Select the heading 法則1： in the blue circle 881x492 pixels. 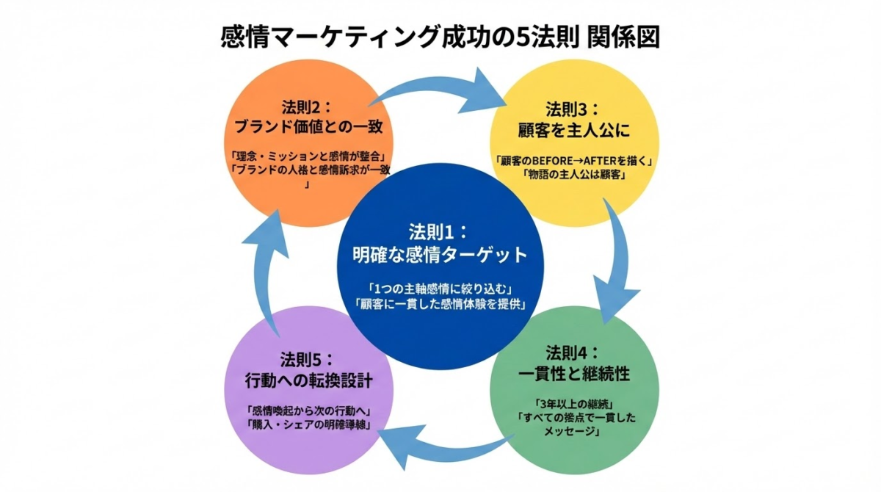[x=440, y=231]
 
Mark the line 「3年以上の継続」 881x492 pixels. [x=573, y=403]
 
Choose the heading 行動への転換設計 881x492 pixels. [x=308, y=381]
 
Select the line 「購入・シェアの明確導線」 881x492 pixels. [x=308, y=426]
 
